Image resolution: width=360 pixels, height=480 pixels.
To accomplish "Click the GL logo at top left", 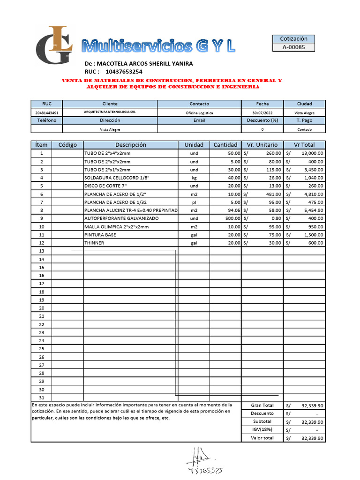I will click(54, 45).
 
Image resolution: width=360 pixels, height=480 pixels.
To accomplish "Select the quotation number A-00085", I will click(293, 47).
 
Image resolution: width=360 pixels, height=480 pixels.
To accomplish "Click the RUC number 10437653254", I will click(124, 72).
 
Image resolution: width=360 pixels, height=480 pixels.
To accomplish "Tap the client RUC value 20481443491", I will click(47, 113).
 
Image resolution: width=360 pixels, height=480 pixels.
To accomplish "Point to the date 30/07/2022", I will click(262, 113).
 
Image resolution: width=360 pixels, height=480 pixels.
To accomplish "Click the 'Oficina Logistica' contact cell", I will click(199, 113).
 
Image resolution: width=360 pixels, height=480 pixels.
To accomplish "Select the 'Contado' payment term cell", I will click(304, 129).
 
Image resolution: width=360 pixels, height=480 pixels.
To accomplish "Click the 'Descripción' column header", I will click(131, 145).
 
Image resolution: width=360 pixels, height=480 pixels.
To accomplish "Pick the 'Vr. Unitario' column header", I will click(262, 145).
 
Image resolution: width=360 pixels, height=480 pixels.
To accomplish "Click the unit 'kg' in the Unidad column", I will click(194, 178).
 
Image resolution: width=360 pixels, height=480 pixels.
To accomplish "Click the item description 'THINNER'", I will click(94, 243).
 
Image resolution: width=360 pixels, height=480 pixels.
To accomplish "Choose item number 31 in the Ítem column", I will click(42, 397).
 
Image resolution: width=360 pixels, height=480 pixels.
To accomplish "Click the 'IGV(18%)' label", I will click(262, 430).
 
